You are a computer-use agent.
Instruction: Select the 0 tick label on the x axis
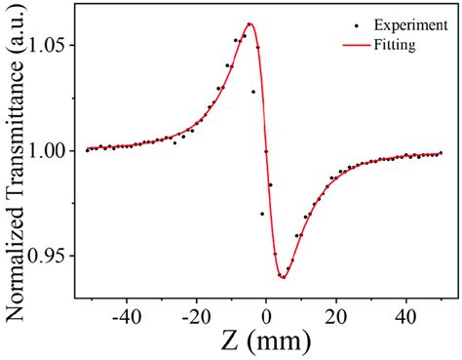[266, 317]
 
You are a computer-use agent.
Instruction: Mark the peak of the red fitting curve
[250, 23]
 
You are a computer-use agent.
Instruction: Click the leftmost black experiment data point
[87, 150]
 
